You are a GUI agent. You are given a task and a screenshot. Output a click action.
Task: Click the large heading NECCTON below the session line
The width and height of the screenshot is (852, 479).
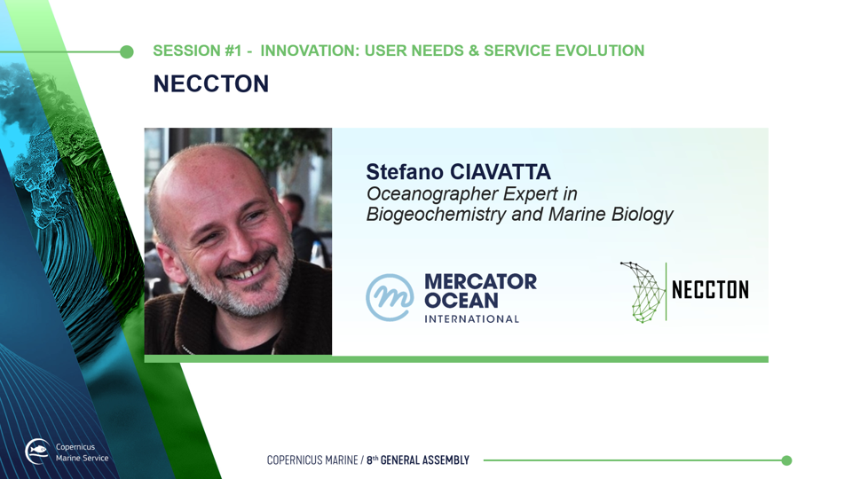coord(211,83)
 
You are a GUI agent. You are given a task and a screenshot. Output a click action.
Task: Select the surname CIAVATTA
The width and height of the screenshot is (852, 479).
coord(501,172)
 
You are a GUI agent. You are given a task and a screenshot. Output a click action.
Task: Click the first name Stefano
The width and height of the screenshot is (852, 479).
coord(405,172)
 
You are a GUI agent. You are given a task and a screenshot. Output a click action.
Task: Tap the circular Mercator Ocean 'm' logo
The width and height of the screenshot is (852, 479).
coord(390,297)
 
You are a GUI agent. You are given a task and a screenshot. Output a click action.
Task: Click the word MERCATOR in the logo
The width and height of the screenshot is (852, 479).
coord(480,281)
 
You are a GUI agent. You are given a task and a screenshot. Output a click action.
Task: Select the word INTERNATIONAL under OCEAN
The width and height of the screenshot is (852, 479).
coord(471,319)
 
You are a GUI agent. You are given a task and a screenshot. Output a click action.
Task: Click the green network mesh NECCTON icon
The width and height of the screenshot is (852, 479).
coord(643,292)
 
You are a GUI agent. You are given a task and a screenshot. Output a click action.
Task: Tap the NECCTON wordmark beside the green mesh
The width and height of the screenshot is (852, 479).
coord(710,289)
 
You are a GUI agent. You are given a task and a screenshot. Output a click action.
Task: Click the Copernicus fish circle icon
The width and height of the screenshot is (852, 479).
coord(37,452)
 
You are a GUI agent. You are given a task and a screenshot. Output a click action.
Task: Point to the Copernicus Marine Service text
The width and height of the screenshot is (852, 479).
coord(82,452)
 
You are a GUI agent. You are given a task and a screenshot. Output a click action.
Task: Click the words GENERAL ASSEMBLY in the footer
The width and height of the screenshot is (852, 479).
coord(424,460)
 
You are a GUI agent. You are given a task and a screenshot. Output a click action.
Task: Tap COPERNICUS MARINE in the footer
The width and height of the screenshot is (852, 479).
coord(312,460)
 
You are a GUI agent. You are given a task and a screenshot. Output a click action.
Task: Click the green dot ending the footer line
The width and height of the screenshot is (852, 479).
coord(786,460)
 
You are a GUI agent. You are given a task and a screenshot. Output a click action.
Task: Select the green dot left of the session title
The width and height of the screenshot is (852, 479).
coord(127,51)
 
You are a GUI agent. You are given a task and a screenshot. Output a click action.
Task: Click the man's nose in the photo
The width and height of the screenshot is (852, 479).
coord(246,246)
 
